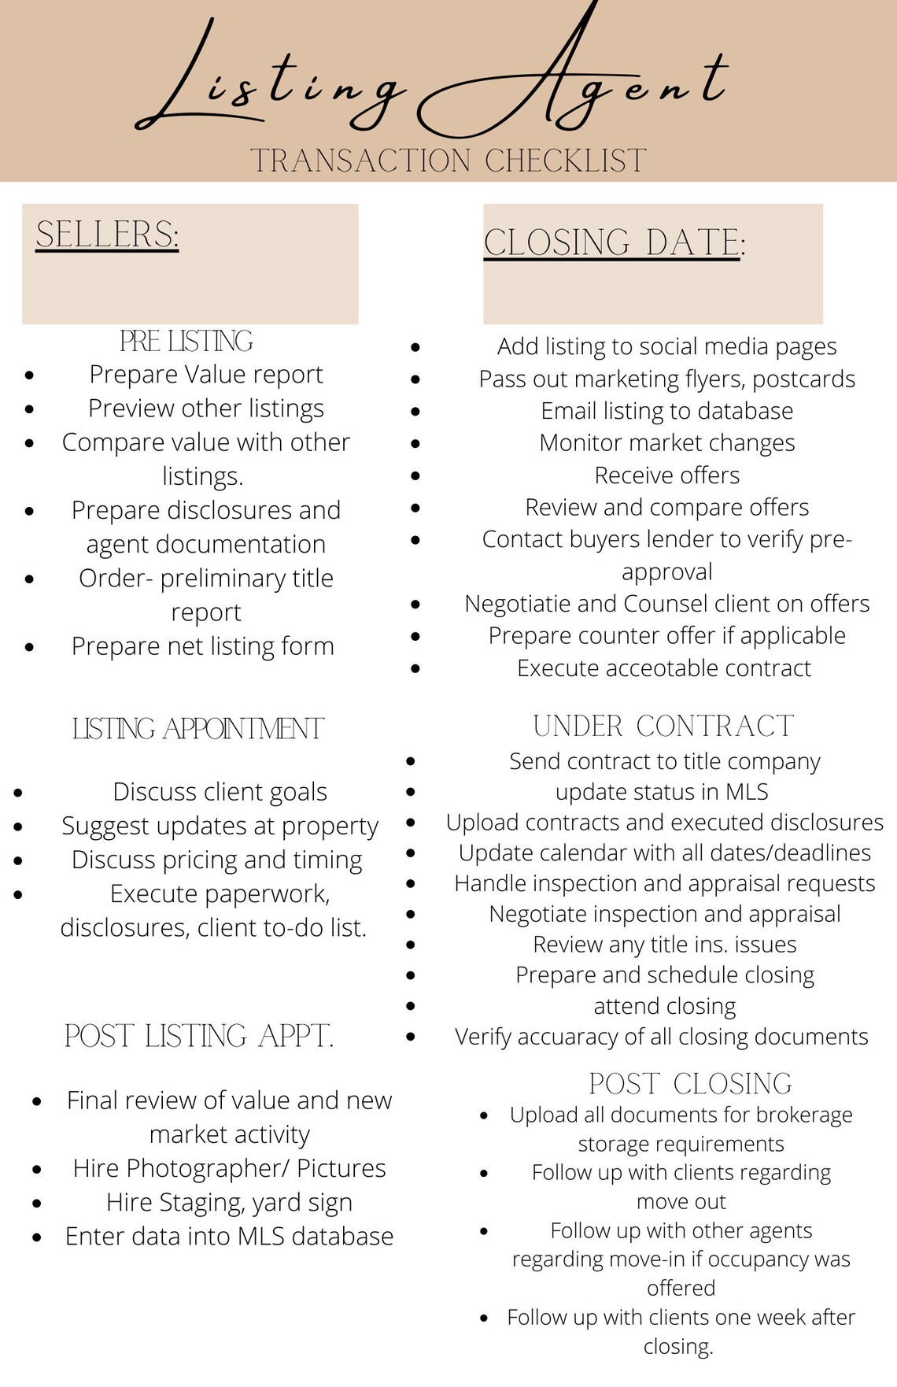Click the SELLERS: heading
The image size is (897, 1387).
(107, 235)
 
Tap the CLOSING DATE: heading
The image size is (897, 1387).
(614, 242)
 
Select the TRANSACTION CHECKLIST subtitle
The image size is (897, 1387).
(448, 161)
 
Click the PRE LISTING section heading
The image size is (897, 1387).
(186, 341)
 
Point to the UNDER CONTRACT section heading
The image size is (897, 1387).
(663, 726)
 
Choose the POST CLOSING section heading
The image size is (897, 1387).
(690, 1084)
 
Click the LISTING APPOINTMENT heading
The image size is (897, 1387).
(197, 729)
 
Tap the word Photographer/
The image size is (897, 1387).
(207, 1168)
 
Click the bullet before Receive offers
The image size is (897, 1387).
(415, 475)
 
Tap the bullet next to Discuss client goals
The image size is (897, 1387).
(18, 792)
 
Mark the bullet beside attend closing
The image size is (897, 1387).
(410, 1006)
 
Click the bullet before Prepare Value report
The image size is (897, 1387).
(29, 375)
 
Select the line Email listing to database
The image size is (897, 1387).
(666, 411)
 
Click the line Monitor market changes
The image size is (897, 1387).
(666, 443)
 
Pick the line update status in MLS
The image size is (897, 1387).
(662, 792)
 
